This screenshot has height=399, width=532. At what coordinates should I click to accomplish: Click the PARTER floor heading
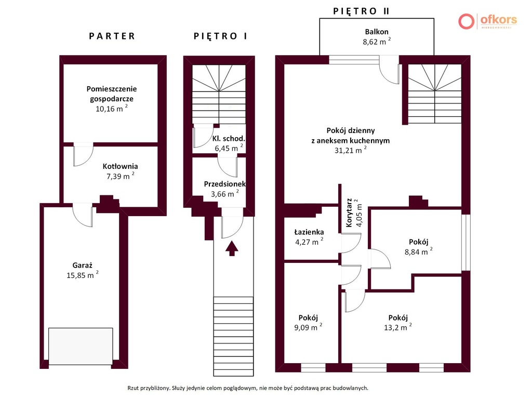112,36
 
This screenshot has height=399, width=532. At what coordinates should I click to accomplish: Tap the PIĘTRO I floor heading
220,36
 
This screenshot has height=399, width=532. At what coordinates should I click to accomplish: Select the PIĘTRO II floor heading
361,11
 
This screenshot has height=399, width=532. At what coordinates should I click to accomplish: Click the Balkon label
377,32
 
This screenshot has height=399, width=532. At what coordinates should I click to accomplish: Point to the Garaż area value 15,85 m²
83,275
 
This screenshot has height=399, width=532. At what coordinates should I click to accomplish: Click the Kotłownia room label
120,166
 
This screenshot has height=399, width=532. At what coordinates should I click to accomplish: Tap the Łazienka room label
309,232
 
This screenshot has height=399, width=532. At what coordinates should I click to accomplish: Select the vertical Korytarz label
349,212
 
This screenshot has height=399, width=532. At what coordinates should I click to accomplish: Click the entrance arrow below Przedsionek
232,248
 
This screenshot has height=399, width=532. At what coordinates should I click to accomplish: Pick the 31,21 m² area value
351,150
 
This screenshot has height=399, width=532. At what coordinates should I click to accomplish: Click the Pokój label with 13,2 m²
398,317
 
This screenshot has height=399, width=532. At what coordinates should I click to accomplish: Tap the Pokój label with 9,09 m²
308,317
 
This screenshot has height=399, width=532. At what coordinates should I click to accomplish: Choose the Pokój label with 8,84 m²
418,242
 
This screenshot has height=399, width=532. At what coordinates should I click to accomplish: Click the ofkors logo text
499,19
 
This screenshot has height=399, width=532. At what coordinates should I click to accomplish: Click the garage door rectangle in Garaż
81,346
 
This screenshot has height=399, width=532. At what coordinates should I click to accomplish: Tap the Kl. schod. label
229,138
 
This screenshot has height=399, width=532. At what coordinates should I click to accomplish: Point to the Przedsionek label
224,184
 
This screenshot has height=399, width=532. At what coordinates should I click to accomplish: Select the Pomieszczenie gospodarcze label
112,94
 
